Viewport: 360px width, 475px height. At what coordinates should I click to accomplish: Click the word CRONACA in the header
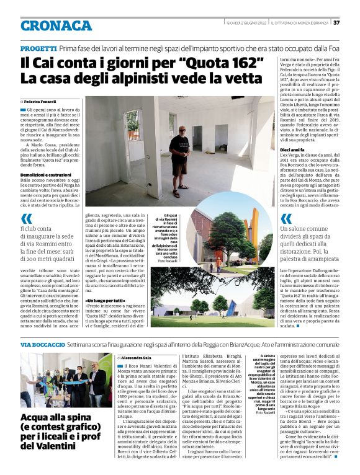point(55,25)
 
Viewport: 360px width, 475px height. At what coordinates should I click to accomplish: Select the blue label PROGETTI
point(38,48)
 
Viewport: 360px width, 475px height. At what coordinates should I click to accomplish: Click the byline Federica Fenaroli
point(42,100)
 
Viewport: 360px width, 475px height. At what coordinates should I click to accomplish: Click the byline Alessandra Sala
point(138,358)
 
